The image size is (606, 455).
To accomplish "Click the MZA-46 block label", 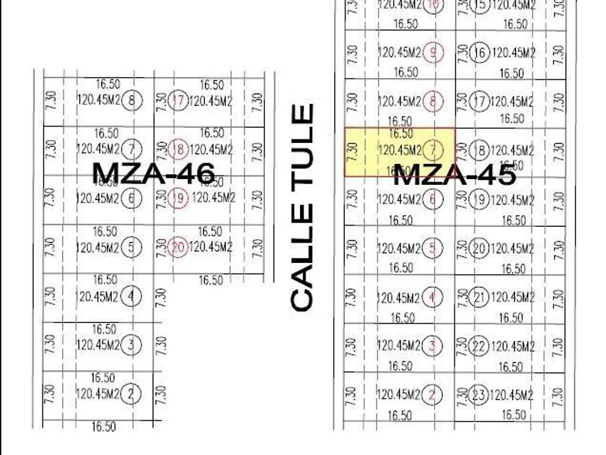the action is tap(154, 173).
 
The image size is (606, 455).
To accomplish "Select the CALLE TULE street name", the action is tap(303, 208).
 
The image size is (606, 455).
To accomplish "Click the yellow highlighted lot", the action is tap(399, 152).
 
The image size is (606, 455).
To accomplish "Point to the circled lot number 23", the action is tap(479, 395).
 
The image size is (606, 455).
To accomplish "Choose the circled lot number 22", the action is tap(479, 347).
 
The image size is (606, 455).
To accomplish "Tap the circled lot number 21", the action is tap(479, 298).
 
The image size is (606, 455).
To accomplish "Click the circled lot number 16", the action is tap(479, 53).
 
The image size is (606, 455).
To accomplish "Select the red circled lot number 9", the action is tap(434, 53).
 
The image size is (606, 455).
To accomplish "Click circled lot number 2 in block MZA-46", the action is tap(131, 394).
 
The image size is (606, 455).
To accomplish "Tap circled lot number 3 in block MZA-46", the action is tap(131, 345).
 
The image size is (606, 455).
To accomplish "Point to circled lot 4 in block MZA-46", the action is tap(131, 296).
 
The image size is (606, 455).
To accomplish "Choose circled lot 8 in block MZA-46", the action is tap(131, 100).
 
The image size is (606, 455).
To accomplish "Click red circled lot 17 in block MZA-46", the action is tap(178, 100).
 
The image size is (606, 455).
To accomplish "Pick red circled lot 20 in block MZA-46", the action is tap(178, 248).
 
